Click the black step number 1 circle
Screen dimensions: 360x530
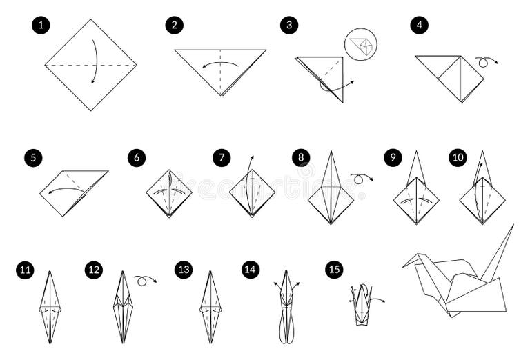(x=41, y=26)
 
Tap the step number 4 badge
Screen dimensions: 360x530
(x=418, y=26)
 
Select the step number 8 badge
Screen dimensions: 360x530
(x=300, y=158)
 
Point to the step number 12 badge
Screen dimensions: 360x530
(x=94, y=270)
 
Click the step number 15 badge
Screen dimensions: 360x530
(x=334, y=270)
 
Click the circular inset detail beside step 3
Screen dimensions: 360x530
(x=360, y=44)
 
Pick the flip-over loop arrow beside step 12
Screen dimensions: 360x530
(x=145, y=279)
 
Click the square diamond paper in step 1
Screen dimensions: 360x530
(x=90, y=65)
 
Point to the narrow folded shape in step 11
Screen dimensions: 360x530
(x=50, y=307)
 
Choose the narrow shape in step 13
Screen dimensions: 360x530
(x=210, y=307)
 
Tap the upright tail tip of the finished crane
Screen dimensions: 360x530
(x=513, y=226)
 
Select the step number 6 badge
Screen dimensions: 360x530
(x=137, y=158)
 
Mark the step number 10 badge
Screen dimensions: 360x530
(x=458, y=158)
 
